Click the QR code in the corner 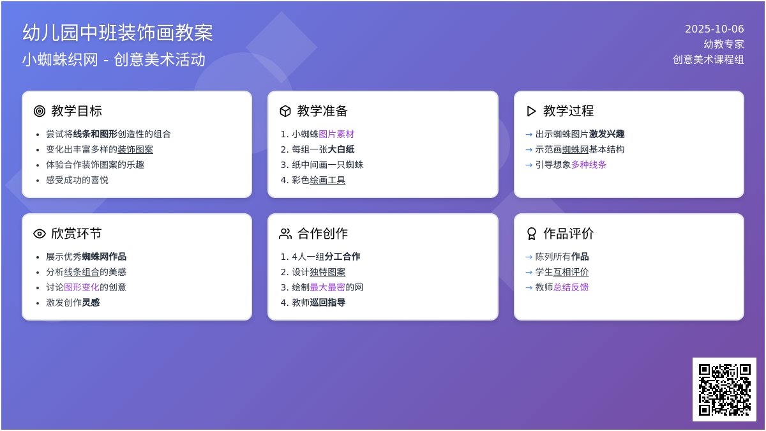725,389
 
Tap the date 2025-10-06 714,29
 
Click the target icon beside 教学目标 40,111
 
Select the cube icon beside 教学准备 285,111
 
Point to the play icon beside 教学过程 531,111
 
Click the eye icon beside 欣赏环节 40,234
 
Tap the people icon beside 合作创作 285,234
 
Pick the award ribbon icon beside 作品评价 531,234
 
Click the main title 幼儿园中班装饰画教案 117,33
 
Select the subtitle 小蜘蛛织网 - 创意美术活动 114,59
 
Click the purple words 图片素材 336,134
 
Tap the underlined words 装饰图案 135,149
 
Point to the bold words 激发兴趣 606,134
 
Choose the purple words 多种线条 589,165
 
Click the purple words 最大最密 327,287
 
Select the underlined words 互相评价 571,272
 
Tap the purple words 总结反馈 571,287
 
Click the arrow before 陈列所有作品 529,257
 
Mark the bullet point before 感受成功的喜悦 38,181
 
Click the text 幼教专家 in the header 724,44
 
